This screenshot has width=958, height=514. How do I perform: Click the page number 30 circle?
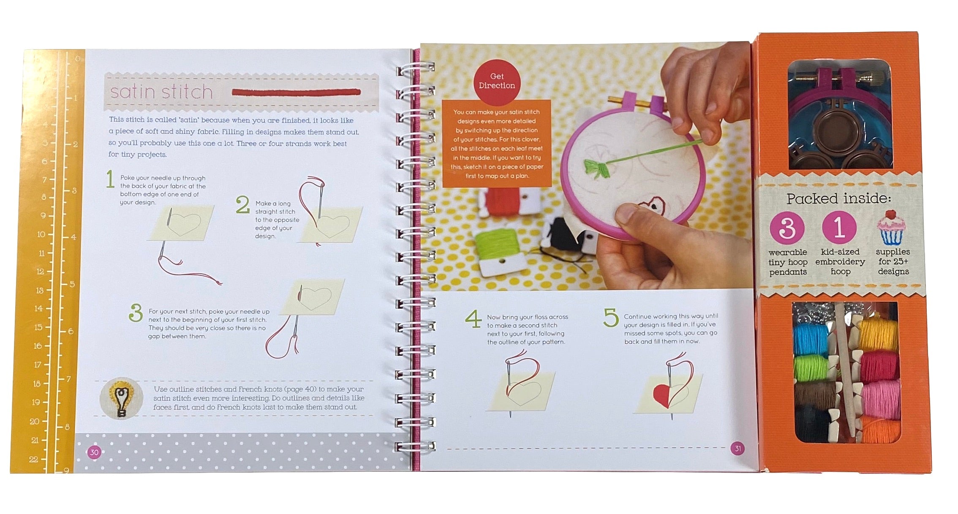(x=94, y=452)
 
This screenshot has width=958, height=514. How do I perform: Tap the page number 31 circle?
(x=738, y=449)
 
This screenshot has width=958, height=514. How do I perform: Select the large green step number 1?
(x=110, y=179)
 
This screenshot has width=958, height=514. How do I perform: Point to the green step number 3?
(x=135, y=313)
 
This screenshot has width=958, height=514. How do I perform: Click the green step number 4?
(x=473, y=319)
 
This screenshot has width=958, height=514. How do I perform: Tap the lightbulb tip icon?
(x=121, y=399)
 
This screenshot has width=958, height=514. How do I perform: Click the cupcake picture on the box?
(x=891, y=228)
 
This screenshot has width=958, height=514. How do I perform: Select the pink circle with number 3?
(x=787, y=228)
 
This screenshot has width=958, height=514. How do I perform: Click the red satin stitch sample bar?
(x=296, y=92)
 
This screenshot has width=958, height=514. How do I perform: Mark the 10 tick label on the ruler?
(x=41, y=234)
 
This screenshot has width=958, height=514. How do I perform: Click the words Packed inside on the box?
(x=838, y=198)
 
